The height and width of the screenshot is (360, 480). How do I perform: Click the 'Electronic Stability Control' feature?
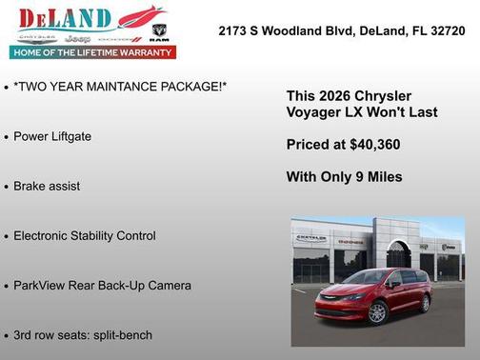point(85,235)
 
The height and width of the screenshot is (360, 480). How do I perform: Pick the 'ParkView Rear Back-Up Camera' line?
point(102,285)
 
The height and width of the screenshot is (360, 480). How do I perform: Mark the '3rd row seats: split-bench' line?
point(83,334)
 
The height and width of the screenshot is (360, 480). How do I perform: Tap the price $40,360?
point(373,145)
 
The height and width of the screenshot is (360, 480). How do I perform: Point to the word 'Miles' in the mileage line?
point(382,176)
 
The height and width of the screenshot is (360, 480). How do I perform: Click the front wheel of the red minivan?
point(377,311)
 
